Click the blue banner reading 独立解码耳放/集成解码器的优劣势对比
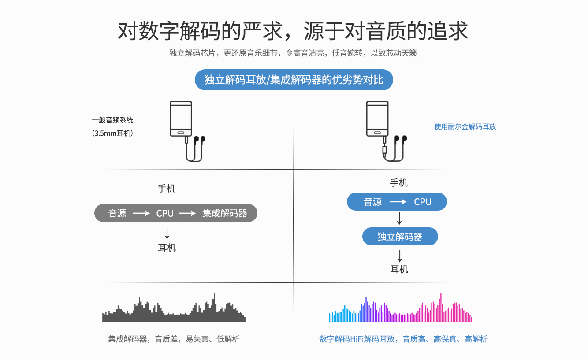(x=294, y=80)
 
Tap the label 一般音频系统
(x=112, y=120)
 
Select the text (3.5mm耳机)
(x=112, y=133)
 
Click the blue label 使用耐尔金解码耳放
(x=465, y=126)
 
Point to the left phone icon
(x=181, y=119)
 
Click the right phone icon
(x=378, y=119)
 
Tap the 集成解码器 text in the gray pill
(x=225, y=214)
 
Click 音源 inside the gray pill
(x=117, y=214)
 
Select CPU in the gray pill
(x=165, y=214)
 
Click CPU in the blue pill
(x=422, y=202)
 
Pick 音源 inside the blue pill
(x=373, y=202)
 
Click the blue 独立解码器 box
(x=400, y=237)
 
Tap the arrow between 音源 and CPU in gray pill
(x=141, y=214)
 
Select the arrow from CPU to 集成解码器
(x=187, y=214)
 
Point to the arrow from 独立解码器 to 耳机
(x=400, y=256)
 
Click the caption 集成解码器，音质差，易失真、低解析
(x=174, y=339)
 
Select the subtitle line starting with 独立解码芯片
(x=293, y=53)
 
